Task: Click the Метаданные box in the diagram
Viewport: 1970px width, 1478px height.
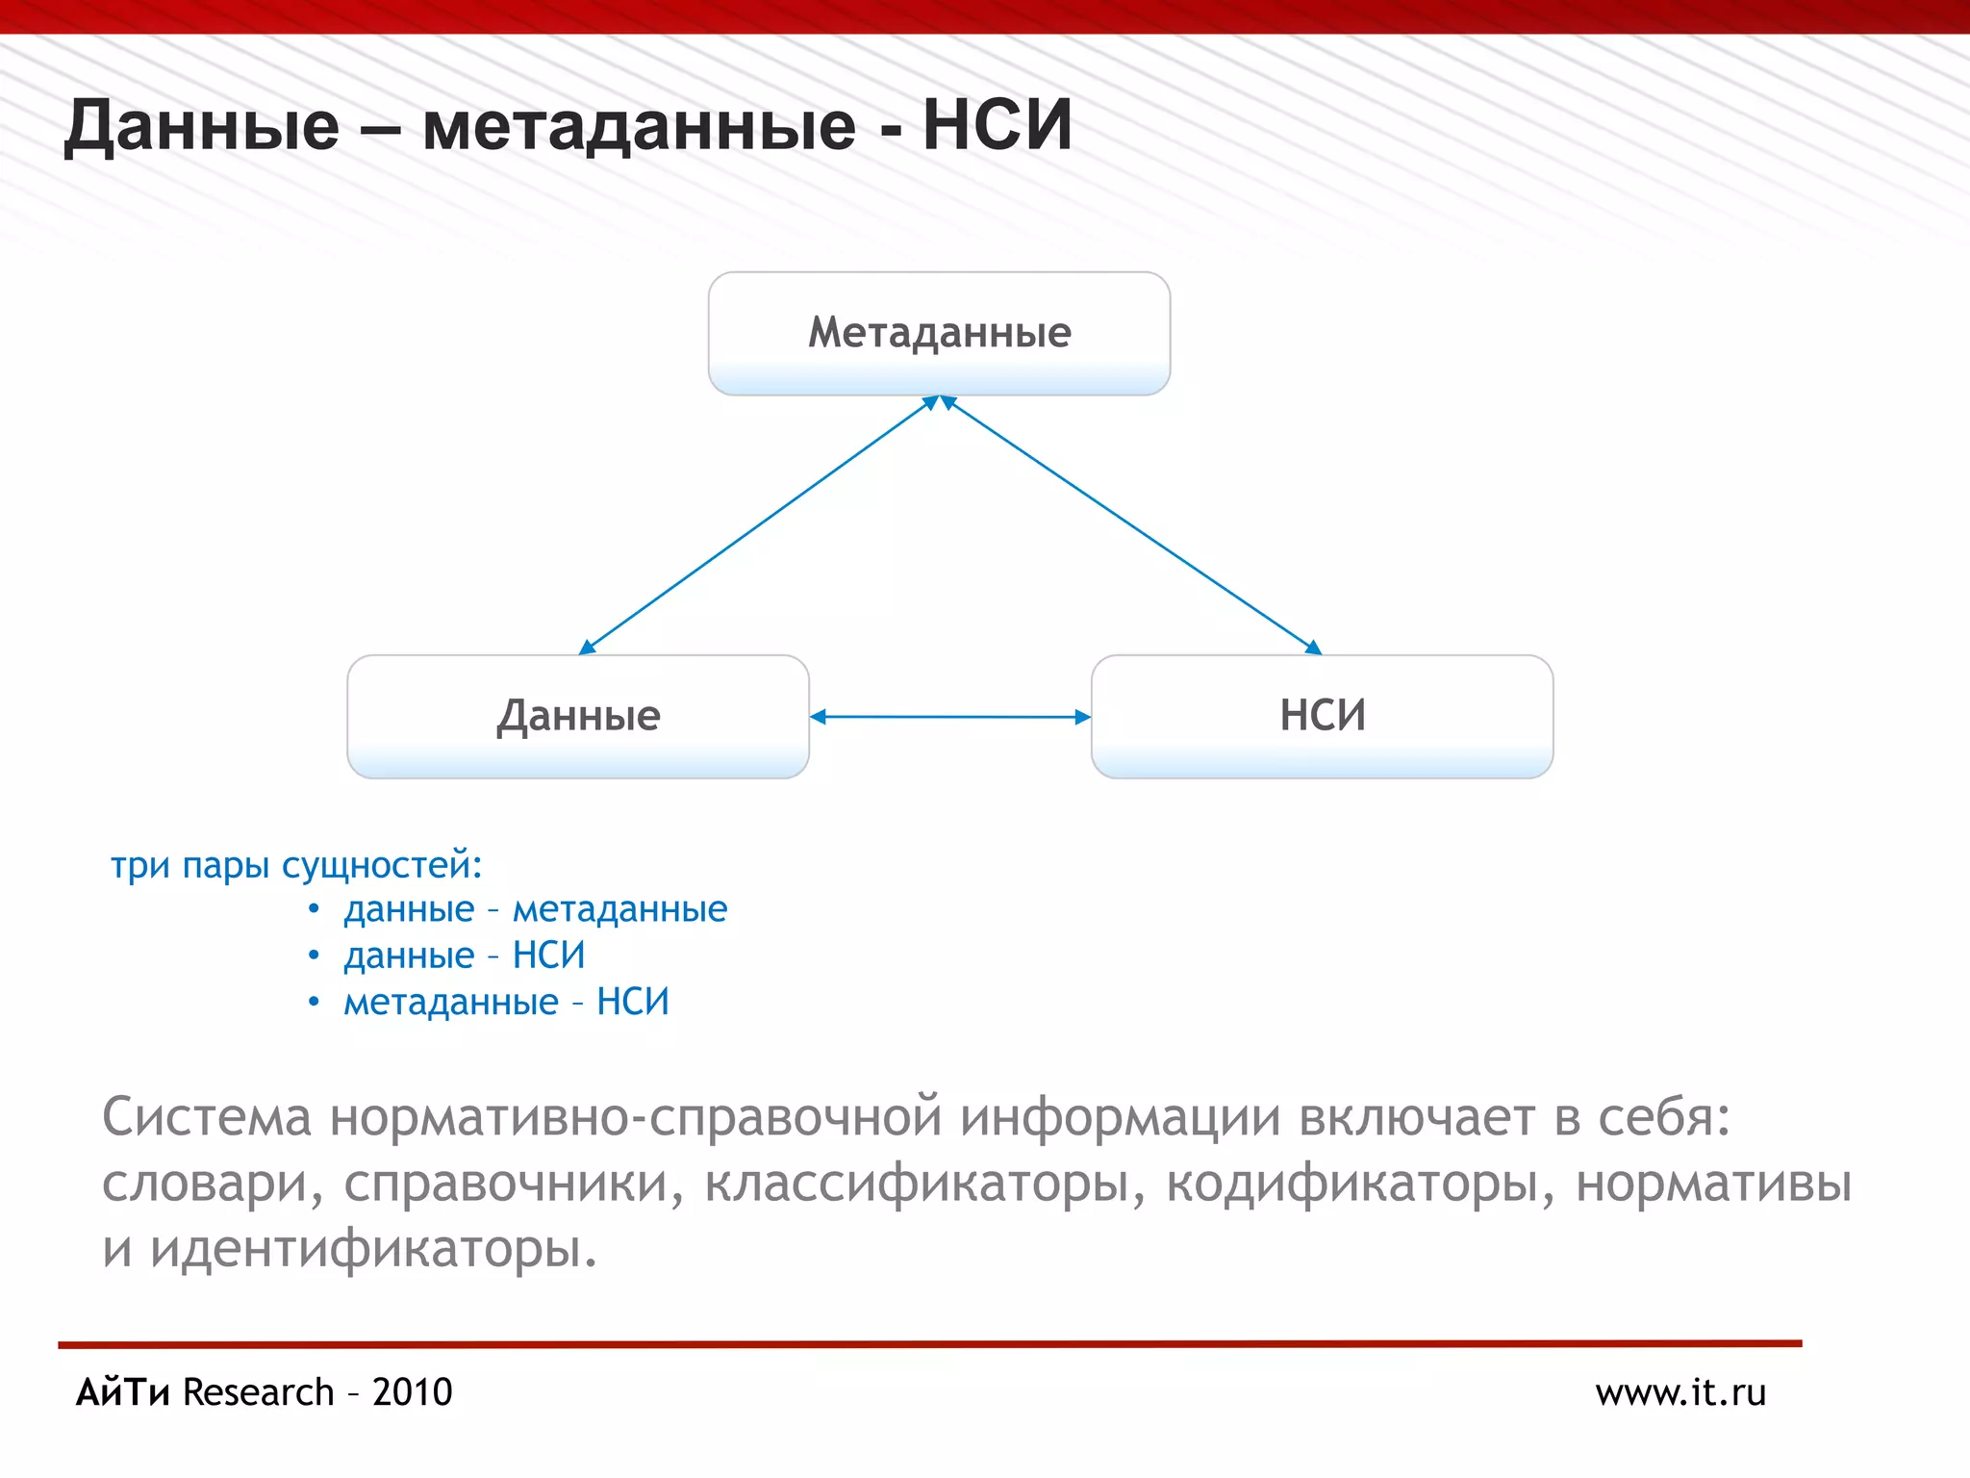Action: click(x=939, y=333)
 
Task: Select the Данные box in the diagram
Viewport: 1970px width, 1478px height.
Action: click(x=577, y=717)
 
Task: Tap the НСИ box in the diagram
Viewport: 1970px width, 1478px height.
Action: click(x=1322, y=717)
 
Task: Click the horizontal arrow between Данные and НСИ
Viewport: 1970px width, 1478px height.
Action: click(x=950, y=717)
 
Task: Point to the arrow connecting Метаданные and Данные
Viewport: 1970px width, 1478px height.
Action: click(x=757, y=525)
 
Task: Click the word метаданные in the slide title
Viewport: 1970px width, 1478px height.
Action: click(x=639, y=126)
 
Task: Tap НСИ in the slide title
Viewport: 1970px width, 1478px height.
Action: click(x=997, y=126)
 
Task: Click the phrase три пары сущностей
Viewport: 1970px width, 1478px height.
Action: click(x=295, y=865)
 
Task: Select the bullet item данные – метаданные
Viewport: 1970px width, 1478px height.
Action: click(x=535, y=909)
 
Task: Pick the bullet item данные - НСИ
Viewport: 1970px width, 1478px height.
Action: click(x=464, y=956)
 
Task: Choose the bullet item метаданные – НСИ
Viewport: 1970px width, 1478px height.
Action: click(x=506, y=1002)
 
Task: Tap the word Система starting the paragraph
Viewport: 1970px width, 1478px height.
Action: click(x=207, y=1118)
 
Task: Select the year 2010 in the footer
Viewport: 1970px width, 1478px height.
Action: click(x=412, y=1392)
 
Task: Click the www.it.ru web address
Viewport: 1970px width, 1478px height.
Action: click(x=1680, y=1392)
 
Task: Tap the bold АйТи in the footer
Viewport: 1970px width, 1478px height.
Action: click(x=123, y=1392)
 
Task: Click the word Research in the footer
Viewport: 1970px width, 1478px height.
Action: click(x=258, y=1392)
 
